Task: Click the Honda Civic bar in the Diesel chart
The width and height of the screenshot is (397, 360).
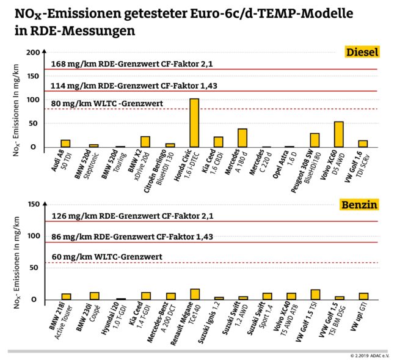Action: [x=194, y=123]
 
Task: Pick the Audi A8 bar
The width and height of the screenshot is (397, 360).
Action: [x=65, y=143]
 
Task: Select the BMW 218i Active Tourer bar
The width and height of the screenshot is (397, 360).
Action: [x=66, y=296]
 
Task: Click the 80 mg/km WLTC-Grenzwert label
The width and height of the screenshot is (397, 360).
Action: [x=108, y=104]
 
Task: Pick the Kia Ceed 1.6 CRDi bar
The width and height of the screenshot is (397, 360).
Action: [x=218, y=142]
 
